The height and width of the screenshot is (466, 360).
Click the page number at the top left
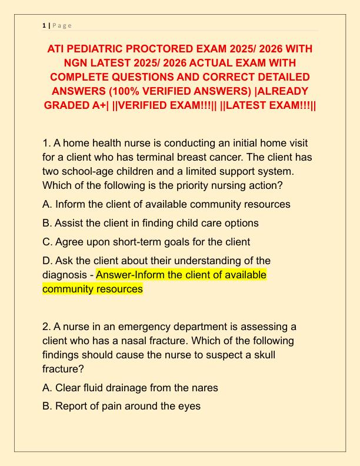click(44, 25)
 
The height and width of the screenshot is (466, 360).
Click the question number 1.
click(46, 144)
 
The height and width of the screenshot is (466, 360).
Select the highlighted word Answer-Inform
click(131, 275)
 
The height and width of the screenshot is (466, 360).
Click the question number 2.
click(46, 327)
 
